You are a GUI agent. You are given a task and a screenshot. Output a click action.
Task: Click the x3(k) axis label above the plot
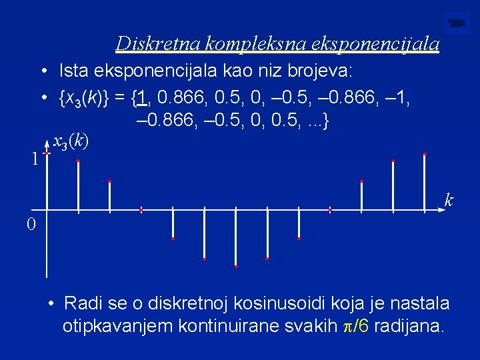click(x=70, y=141)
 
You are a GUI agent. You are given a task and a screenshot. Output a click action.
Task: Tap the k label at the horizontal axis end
click(x=449, y=200)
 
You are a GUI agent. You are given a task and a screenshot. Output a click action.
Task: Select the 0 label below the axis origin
click(x=31, y=224)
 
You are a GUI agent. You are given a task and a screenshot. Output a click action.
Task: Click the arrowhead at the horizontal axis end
click(x=441, y=209)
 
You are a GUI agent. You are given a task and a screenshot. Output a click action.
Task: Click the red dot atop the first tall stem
click(x=78, y=161)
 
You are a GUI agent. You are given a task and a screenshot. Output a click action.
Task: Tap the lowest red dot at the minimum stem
click(x=235, y=266)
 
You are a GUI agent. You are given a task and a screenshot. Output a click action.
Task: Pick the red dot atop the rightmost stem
click(x=425, y=154)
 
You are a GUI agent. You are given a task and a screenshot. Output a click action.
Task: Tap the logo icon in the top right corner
click(x=456, y=23)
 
